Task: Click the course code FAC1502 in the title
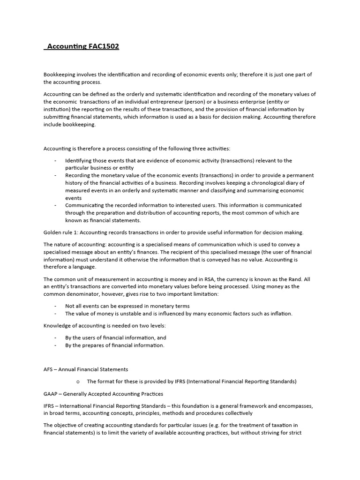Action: [104, 46]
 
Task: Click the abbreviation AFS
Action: [49, 369]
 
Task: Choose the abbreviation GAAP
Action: [52, 394]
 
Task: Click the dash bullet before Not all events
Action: [55, 306]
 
